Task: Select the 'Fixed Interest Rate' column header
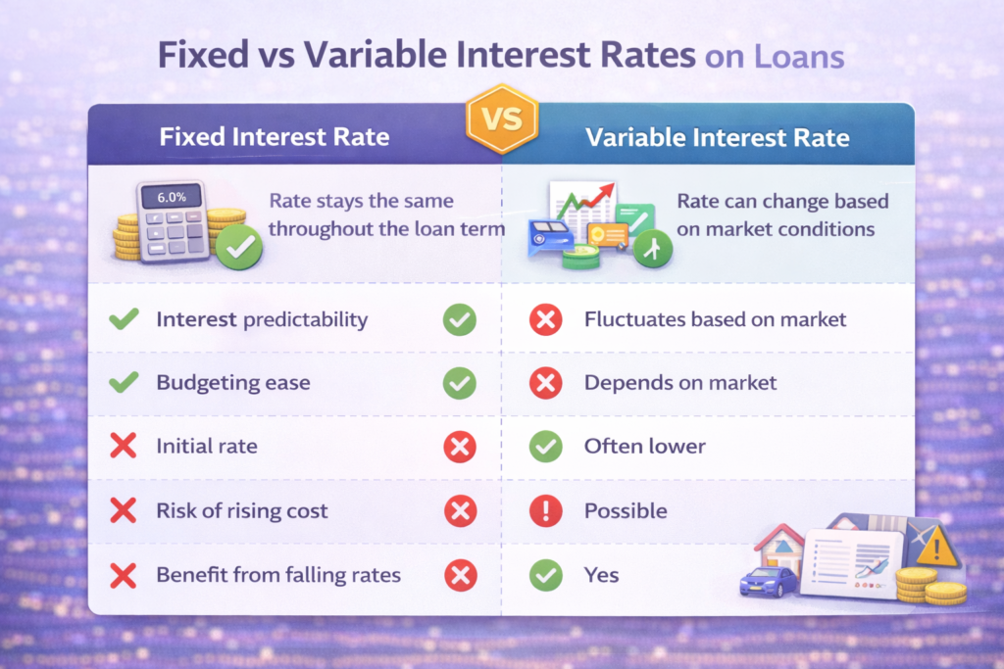pos(275,135)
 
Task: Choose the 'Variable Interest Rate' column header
pos(717,136)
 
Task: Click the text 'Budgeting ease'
pos(232,383)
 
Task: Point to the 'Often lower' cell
pos(644,447)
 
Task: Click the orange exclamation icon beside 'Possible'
pos(545,511)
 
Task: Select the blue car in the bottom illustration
pos(768,581)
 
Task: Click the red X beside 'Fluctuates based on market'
pos(545,319)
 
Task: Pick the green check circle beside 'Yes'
pos(545,575)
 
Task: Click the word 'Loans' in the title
pos(797,56)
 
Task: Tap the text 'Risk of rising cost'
pos(242,511)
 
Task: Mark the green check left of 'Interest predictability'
pos(124,319)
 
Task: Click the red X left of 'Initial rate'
pos(124,447)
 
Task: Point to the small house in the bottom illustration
pos(779,545)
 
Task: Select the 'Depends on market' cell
pos(680,383)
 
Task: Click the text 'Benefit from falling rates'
pos(278,575)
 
